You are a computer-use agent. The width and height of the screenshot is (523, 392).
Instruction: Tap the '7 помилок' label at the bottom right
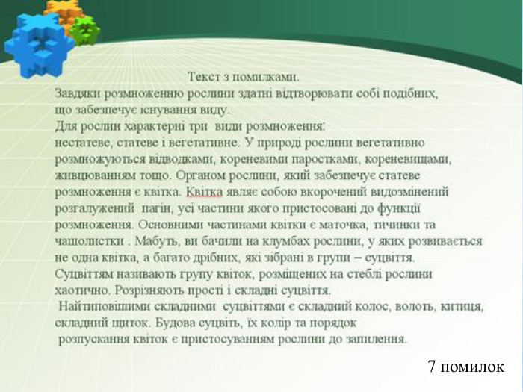466,367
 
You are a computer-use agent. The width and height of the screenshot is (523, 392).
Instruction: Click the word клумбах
248,241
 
